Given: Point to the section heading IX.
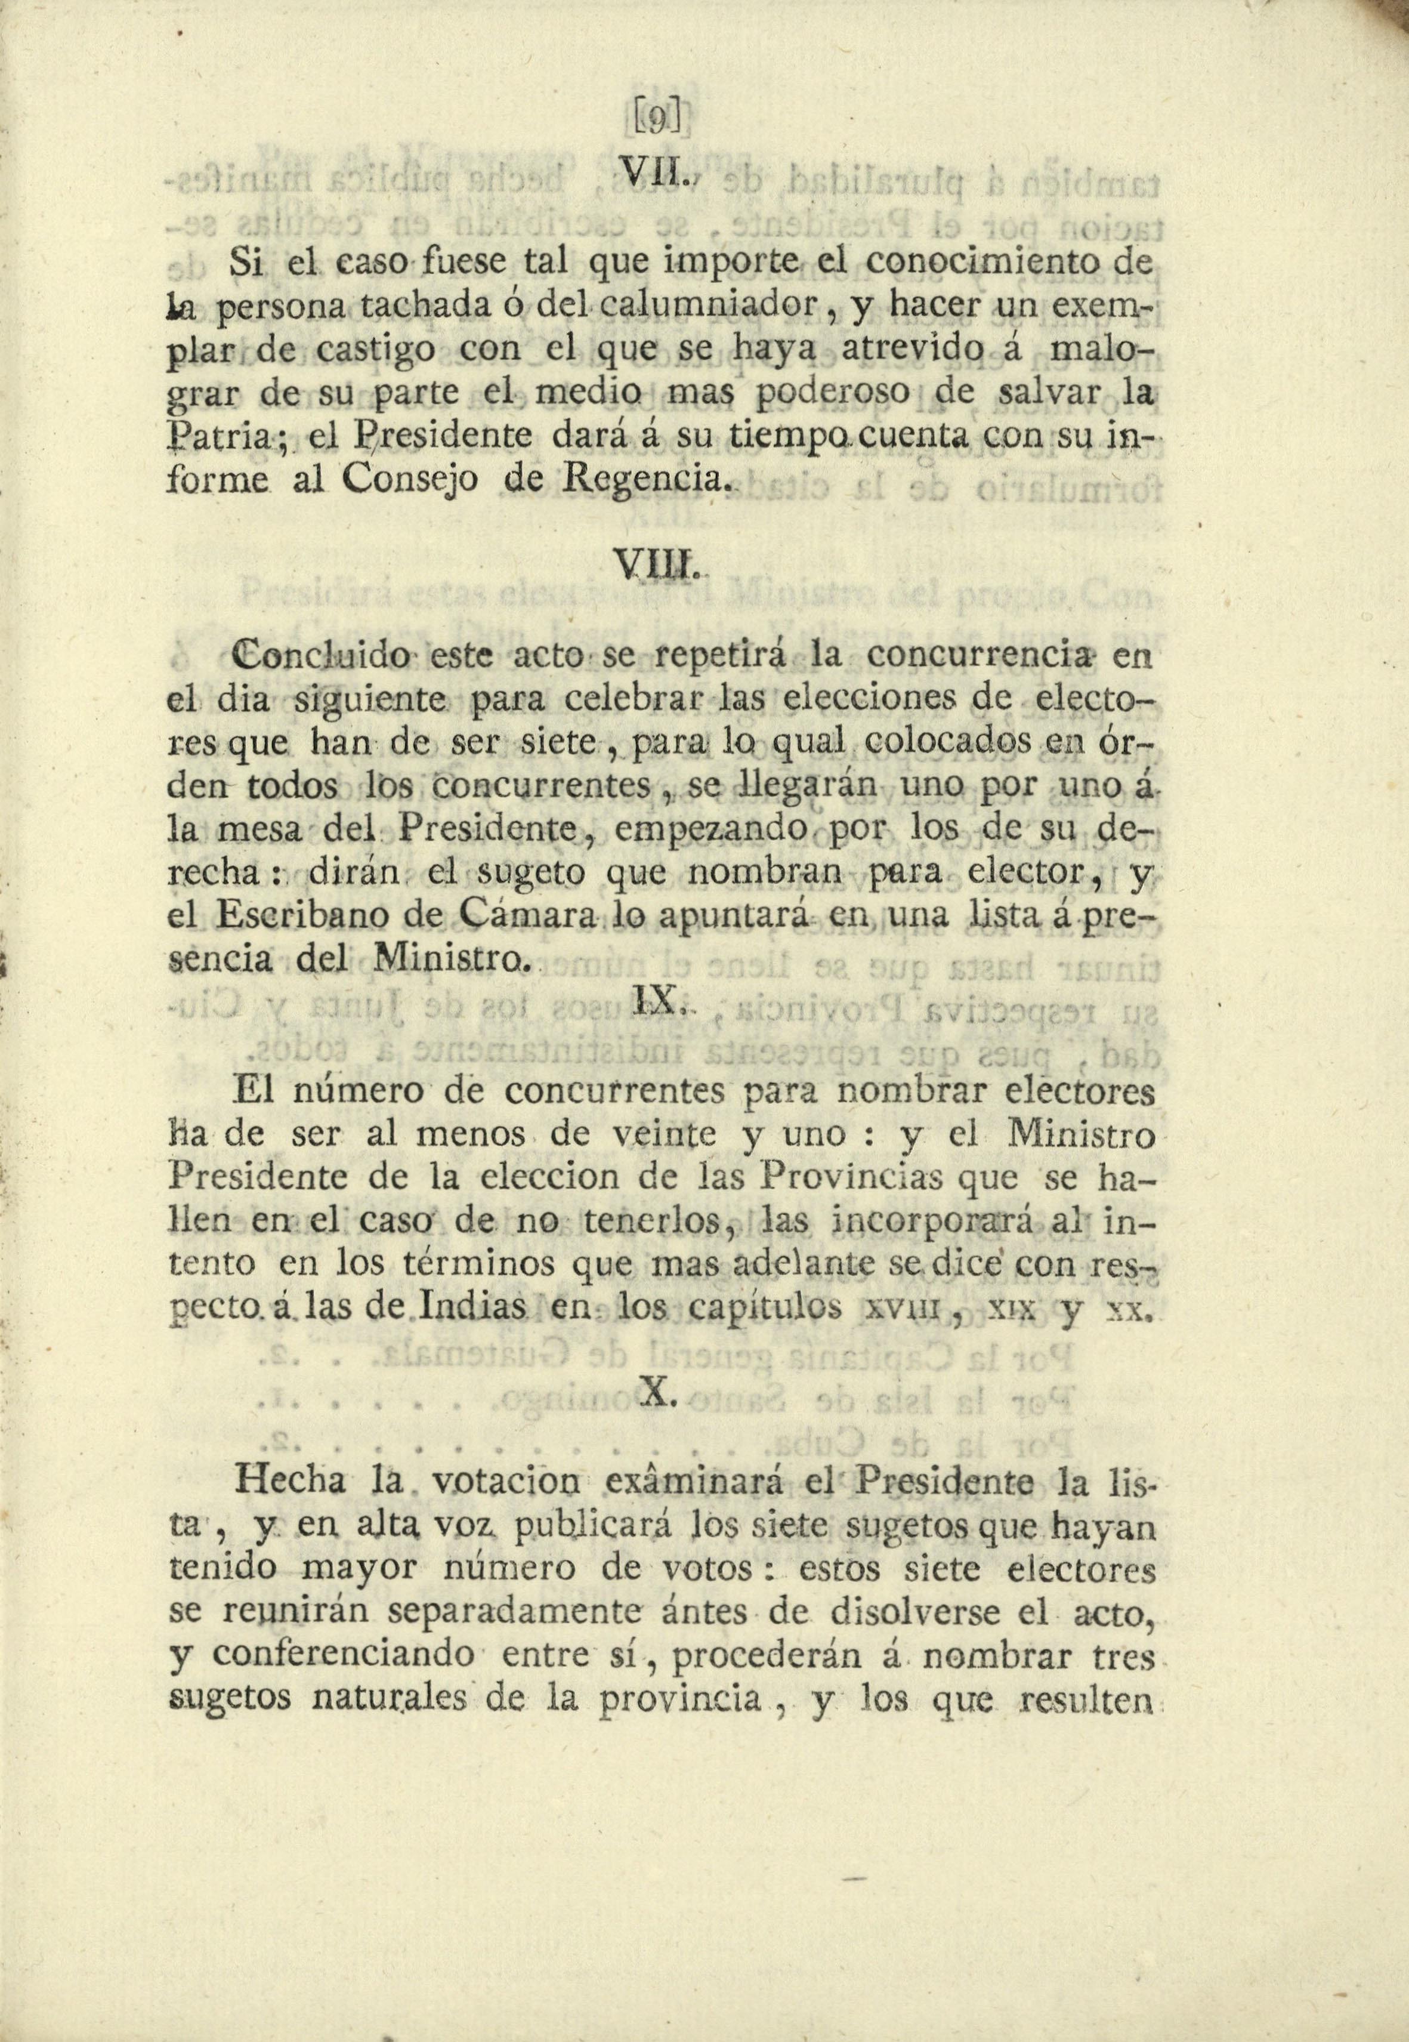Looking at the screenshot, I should [657, 1001].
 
